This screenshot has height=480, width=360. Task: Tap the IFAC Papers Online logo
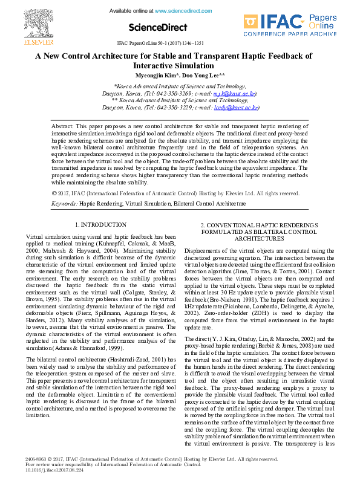coord(290,25)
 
